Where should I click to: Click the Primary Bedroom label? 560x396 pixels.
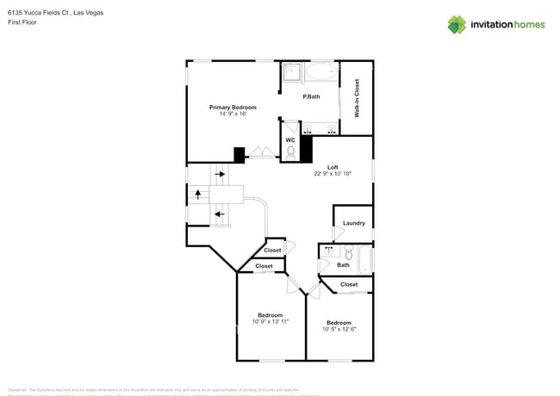click(233, 108)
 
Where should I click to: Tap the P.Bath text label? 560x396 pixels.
click(311, 96)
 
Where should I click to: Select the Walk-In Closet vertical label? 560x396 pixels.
click(357, 97)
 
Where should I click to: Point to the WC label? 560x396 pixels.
click(290, 139)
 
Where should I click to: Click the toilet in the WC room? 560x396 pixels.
click(290, 152)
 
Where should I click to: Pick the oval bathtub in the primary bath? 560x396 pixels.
click(320, 72)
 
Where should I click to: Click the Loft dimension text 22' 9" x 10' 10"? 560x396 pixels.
click(332, 174)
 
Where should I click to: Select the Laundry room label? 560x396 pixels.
click(353, 223)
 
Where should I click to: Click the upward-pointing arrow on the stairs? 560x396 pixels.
click(197, 195)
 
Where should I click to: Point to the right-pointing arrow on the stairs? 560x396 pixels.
click(220, 175)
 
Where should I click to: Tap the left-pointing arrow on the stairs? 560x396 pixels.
click(220, 214)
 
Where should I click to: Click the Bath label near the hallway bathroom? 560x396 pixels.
click(343, 265)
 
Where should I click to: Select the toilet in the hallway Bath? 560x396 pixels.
click(348, 253)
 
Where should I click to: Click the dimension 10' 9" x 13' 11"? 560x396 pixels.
click(270, 321)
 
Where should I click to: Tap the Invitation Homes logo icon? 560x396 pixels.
click(456, 24)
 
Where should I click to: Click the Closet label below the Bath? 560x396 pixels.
click(348, 284)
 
